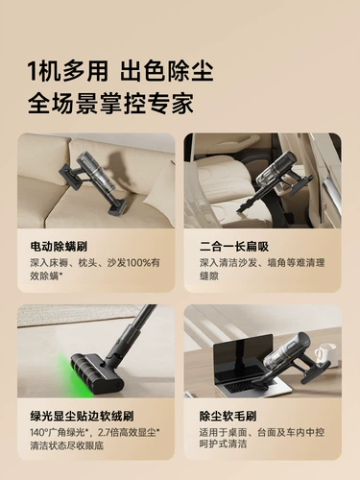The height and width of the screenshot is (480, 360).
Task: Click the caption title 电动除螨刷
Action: (x=60, y=246)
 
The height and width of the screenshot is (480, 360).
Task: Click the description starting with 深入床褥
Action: (x=94, y=268)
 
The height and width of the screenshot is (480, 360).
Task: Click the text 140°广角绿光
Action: (x=61, y=433)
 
